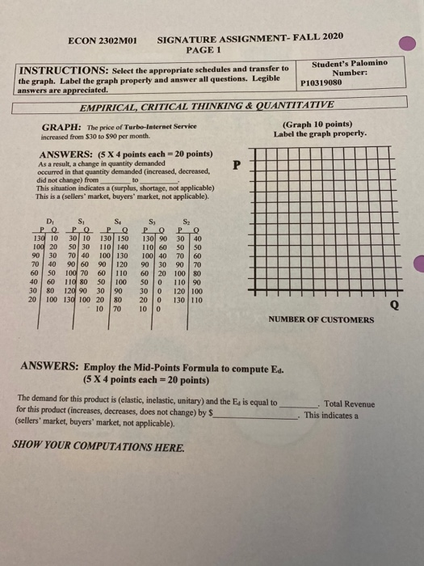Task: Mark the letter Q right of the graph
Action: [393, 306]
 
